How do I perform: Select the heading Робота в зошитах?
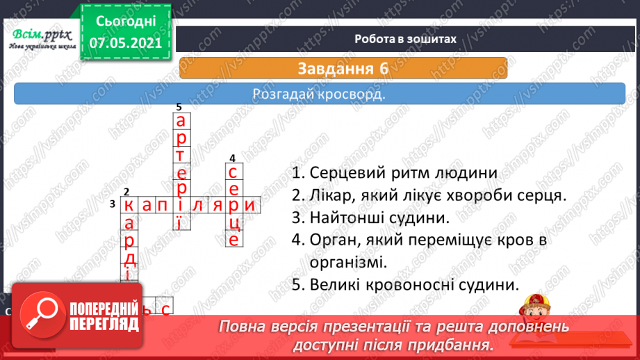[405, 39]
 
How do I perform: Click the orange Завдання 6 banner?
[343, 69]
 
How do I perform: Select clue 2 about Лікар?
[429, 195]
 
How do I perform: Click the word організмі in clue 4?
[347, 262]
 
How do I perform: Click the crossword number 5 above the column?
[179, 107]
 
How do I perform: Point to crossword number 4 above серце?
[232, 158]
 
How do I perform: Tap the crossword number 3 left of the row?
[112, 204]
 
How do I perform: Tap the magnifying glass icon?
[39, 313]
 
